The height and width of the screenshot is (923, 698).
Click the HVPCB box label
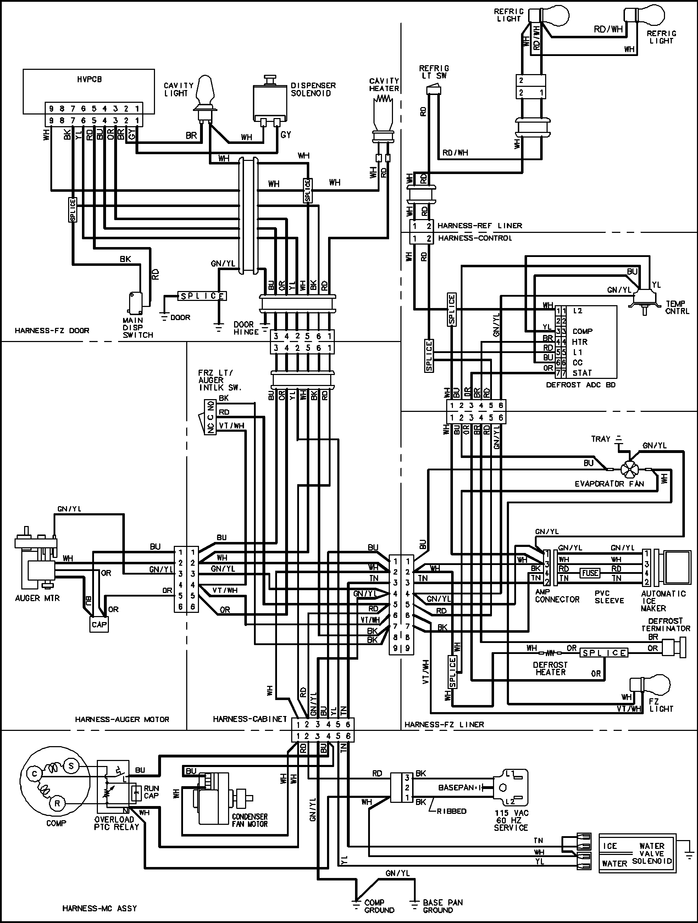point(89,79)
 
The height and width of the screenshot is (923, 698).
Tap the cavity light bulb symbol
point(205,90)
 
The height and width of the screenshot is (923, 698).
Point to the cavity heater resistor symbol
point(384,100)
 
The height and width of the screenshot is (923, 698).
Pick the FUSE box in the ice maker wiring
point(590,573)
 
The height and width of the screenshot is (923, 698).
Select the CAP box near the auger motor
point(99,625)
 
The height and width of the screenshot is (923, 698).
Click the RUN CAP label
point(151,792)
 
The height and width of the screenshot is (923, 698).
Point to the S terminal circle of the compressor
point(71,766)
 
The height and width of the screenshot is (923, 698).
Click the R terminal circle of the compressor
point(57,803)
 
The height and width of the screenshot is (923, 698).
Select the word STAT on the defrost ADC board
point(582,373)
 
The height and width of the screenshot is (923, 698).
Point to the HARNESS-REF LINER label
point(480,226)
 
